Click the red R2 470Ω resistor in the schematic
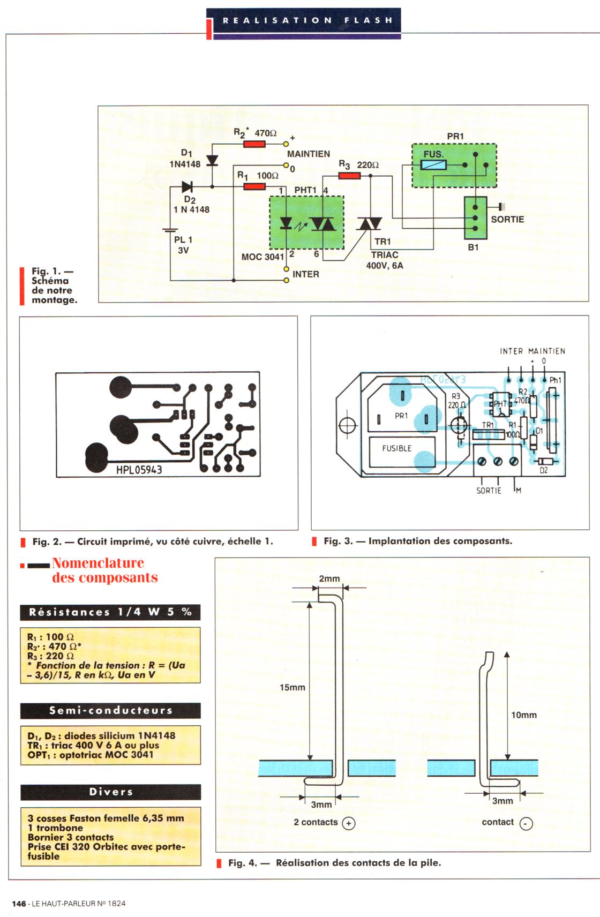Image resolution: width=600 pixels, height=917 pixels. pyautogui.click(x=254, y=144)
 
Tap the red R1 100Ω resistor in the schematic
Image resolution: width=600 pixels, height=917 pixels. pyautogui.click(x=254, y=186)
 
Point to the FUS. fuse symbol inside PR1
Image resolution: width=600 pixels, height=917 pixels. pyautogui.click(x=433, y=164)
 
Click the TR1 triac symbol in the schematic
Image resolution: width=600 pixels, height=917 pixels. pyautogui.click(x=369, y=224)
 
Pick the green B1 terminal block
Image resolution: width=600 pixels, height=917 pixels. pyautogui.click(x=475, y=218)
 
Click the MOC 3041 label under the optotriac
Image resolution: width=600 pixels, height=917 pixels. pyautogui.click(x=262, y=257)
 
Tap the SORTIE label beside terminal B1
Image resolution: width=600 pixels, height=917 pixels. pyautogui.click(x=507, y=219)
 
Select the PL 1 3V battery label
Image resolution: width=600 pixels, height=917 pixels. pyautogui.click(x=183, y=245)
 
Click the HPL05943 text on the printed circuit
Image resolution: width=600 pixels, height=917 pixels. pyautogui.click(x=139, y=470)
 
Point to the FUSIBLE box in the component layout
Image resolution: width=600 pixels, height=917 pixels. pyautogui.click(x=397, y=448)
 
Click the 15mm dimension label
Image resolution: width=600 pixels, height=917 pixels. pyautogui.click(x=292, y=687)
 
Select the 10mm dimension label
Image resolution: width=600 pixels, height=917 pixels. pyautogui.click(x=523, y=715)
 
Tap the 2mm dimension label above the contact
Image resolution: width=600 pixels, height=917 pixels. pyautogui.click(x=329, y=578)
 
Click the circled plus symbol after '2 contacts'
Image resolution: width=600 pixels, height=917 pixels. pyautogui.click(x=349, y=823)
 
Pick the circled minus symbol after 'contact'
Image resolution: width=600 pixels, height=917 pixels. pyautogui.click(x=527, y=824)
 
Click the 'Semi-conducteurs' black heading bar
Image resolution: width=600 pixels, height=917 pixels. pyautogui.click(x=110, y=711)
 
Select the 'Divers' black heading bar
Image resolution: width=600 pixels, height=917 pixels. pyautogui.click(x=110, y=792)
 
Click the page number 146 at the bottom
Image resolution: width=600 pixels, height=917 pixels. pyautogui.click(x=19, y=903)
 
